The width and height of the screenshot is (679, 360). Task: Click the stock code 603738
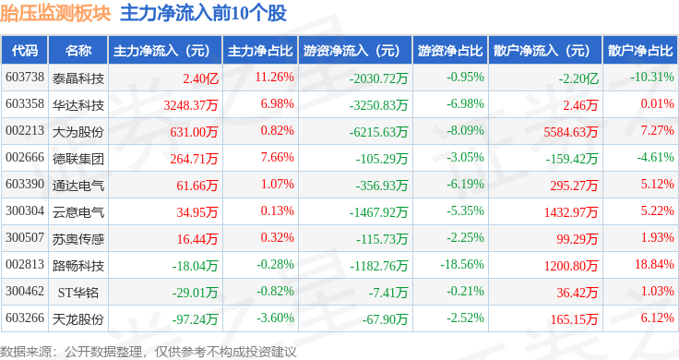click(x=25, y=78)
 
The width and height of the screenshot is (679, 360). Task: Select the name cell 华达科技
click(x=77, y=105)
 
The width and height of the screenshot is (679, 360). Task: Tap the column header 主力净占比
click(x=260, y=51)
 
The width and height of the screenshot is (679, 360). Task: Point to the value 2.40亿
click(x=200, y=78)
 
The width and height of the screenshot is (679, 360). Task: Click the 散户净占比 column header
click(x=640, y=51)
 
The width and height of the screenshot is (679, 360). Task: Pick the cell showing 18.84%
click(x=654, y=264)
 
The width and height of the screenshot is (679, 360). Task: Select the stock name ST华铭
click(x=77, y=293)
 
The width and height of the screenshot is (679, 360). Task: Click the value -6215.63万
click(x=378, y=132)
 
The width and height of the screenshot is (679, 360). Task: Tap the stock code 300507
click(x=25, y=238)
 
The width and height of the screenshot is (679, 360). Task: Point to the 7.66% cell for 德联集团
click(x=277, y=157)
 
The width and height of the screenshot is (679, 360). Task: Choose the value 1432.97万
click(x=571, y=212)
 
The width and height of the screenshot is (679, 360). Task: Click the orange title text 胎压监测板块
click(x=55, y=14)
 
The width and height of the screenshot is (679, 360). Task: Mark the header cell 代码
click(x=25, y=51)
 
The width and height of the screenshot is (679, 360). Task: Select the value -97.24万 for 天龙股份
click(x=195, y=319)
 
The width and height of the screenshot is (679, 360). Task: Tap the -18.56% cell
click(x=461, y=264)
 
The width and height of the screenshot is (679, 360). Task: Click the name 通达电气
click(x=77, y=186)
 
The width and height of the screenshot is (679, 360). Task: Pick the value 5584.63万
click(x=571, y=132)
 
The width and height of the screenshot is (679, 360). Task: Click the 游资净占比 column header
click(x=450, y=51)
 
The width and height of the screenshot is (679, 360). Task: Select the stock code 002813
click(x=25, y=264)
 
